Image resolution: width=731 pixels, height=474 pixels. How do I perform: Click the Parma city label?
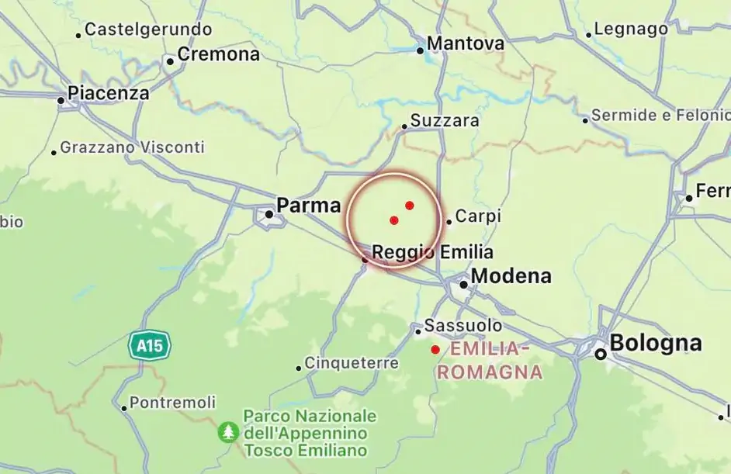click(x=309, y=206)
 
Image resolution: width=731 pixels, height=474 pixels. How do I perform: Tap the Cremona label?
click(x=219, y=55)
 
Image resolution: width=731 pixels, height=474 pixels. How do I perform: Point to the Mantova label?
click(x=466, y=44)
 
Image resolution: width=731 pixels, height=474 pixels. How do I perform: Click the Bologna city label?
click(x=656, y=343)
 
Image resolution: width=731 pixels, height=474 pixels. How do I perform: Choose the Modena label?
click(x=511, y=276)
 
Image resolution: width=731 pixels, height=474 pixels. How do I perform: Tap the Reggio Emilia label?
click(x=432, y=253)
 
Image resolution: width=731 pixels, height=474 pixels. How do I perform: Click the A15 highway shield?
click(x=150, y=344)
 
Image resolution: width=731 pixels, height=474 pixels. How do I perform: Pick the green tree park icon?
click(x=228, y=432)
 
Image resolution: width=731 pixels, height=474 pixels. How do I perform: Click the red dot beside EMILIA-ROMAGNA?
click(x=435, y=350)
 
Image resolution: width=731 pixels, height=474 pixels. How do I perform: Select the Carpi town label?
click(x=478, y=216)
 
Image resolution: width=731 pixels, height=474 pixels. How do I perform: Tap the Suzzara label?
click(x=445, y=121)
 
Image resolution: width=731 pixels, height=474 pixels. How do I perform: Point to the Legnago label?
click(x=631, y=29)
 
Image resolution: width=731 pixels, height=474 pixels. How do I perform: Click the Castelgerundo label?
click(x=148, y=29)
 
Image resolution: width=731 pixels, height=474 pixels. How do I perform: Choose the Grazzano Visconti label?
click(x=133, y=147)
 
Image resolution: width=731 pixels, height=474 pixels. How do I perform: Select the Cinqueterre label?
click(x=352, y=363)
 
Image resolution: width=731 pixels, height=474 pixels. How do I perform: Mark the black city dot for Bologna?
click(x=601, y=354)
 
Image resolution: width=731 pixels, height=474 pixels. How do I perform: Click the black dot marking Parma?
click(x=269, y=213)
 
